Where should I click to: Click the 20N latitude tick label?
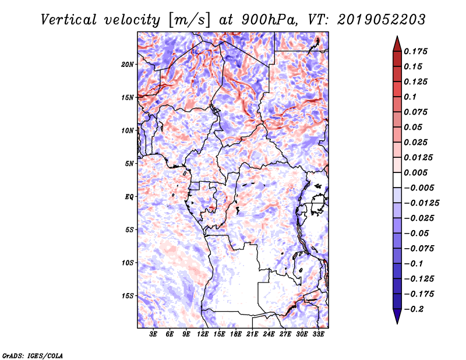point(128,65)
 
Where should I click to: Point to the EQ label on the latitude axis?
point(129,197)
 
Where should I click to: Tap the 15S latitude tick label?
point(128,296)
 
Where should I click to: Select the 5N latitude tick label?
point(129,164)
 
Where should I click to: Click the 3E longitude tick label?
point(153,334)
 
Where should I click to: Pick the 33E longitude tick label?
point(318,334)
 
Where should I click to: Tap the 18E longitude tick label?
point(236,334)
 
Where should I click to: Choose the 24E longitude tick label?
point(269,334)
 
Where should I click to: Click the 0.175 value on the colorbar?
point(415,51)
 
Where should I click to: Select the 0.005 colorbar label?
point(415,172)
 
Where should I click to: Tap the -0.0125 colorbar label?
point(421,203)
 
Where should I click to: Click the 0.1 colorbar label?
point(410,97)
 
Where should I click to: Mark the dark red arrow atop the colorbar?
point(397,44)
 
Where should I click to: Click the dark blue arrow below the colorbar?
point(397,316)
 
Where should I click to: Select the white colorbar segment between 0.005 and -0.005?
point(397,180)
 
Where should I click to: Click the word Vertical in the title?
point(69,20)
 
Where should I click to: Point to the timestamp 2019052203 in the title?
point(382,20)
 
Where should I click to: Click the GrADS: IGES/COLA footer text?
point(33,356)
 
